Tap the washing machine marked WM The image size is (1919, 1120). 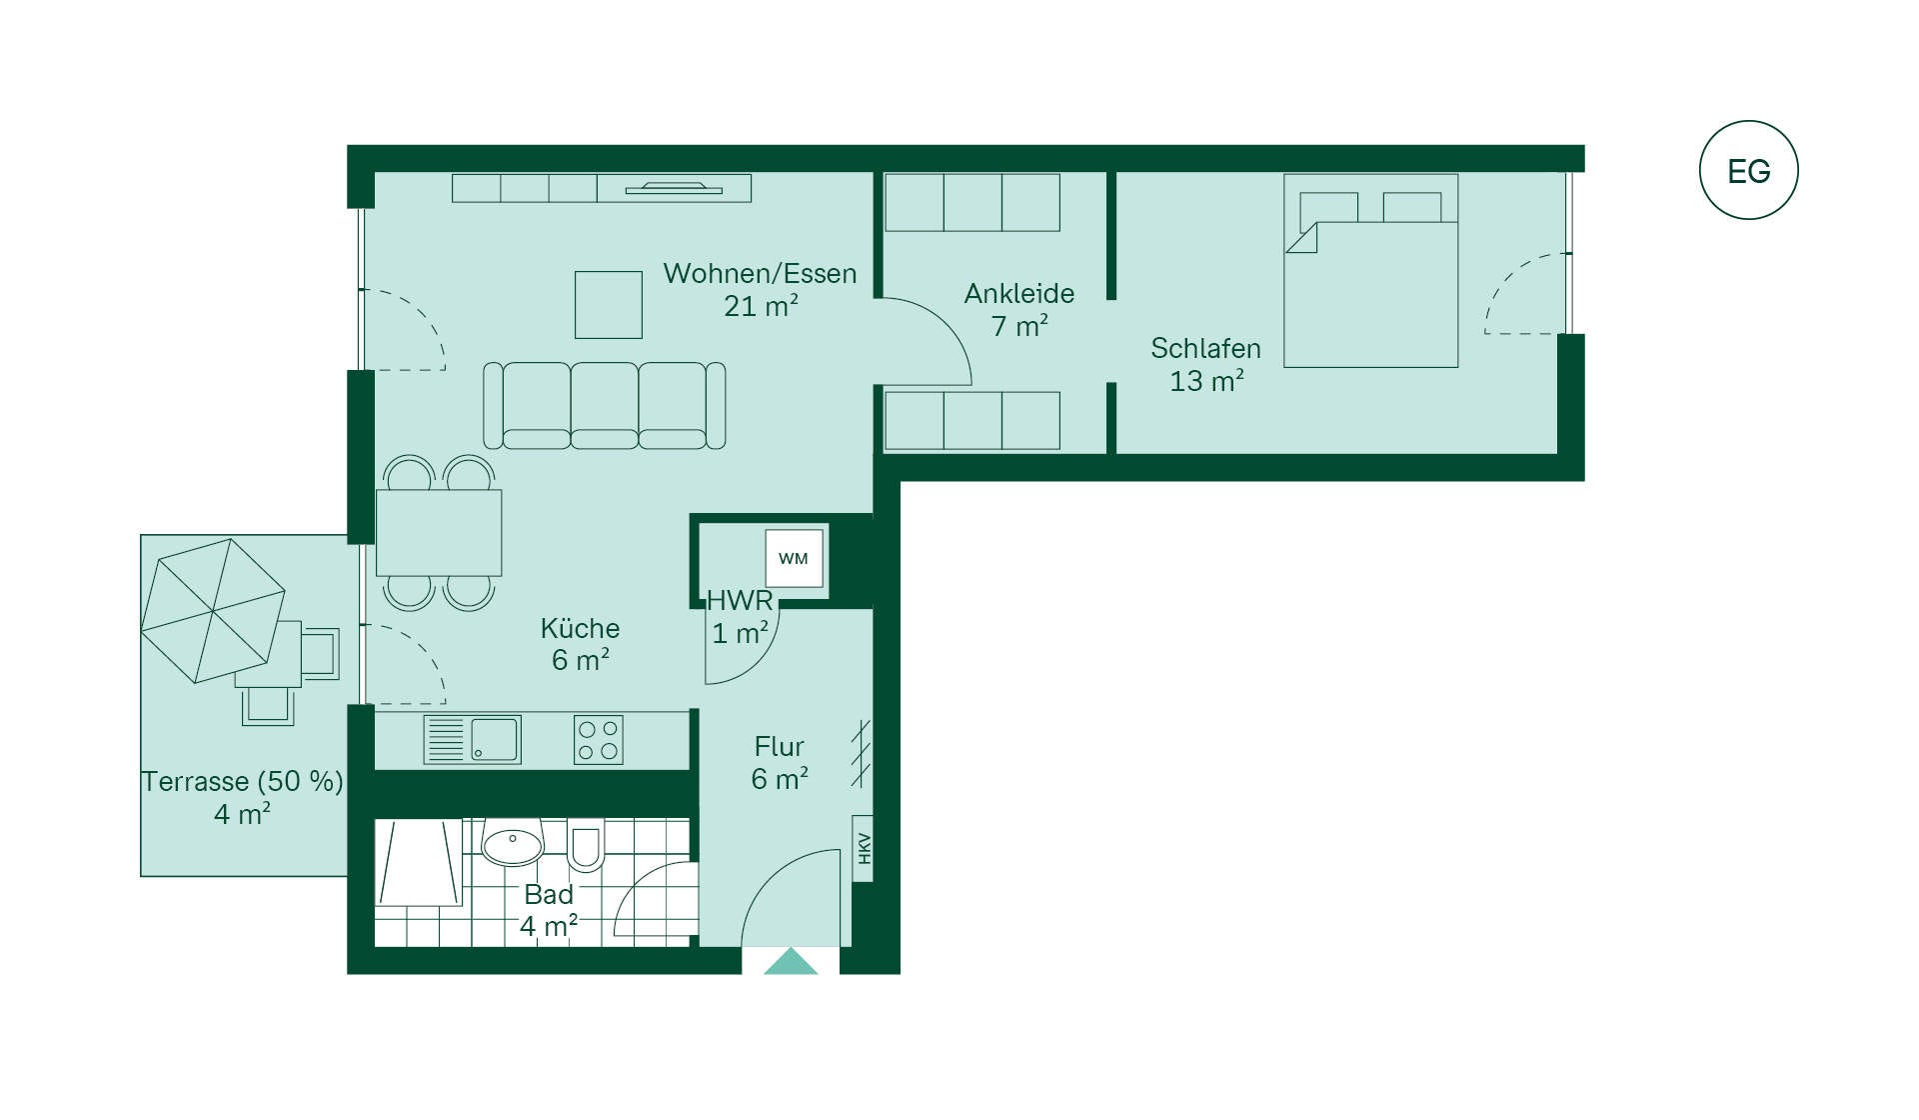click(795, 558)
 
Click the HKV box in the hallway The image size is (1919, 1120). click(863, 848)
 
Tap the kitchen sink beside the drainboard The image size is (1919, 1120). click(495, 740)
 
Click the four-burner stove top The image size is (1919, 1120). click(599, 740)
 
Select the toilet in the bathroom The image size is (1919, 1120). click(586, 845)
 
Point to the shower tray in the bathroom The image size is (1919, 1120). click(419, 863)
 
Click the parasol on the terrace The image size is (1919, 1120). click(213, 611)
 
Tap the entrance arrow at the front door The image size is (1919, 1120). click(791, 961)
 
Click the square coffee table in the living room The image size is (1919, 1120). click(609, 305)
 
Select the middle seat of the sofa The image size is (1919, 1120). click(605, 405)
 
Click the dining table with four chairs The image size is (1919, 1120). click(439, 532)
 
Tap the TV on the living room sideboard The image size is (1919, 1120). click(674, 187)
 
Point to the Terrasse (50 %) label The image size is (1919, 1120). click(242, 781)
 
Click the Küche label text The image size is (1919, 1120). click(580, 628)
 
